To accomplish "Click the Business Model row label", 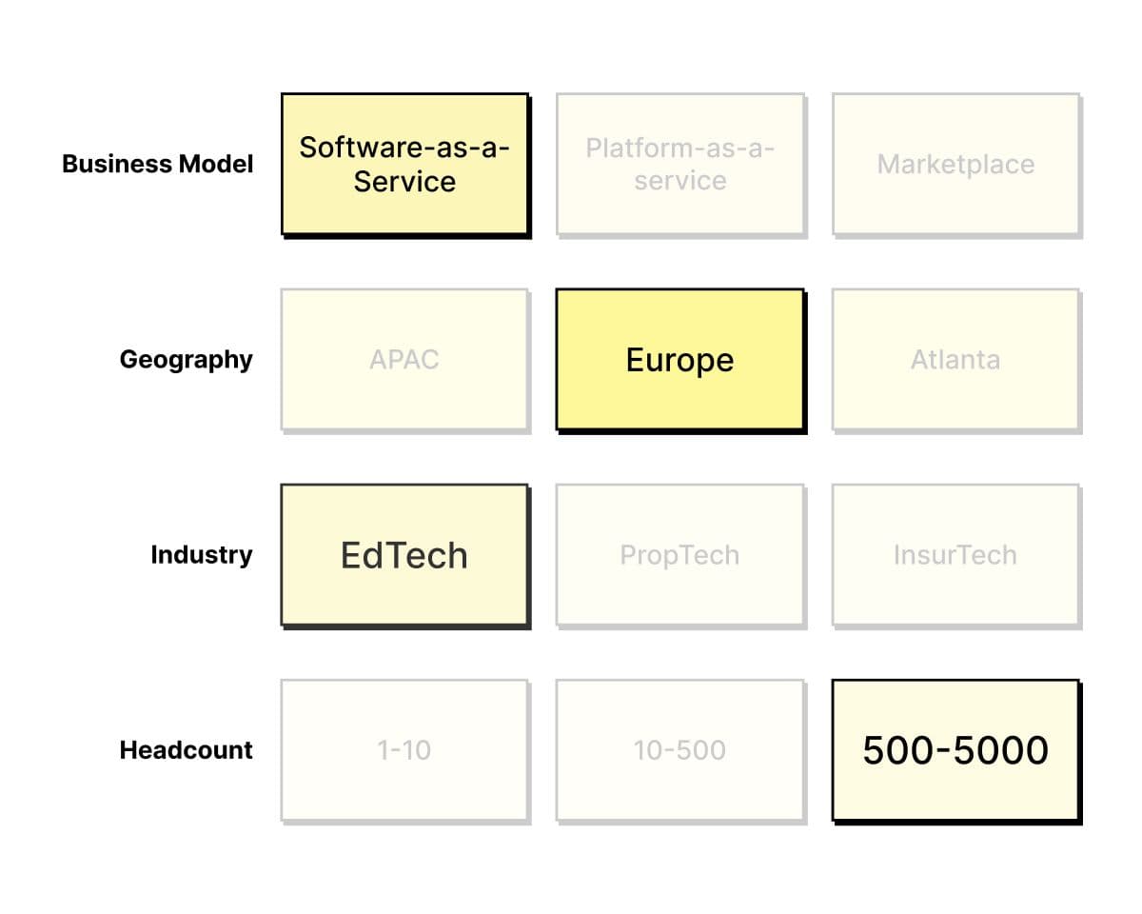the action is point(158,164).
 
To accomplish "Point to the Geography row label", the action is point(187,361).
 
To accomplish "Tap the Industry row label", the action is point(202,555).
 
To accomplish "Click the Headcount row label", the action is point(187,750).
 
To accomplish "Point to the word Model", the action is point(216,164).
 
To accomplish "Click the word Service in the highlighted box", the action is point(404,182).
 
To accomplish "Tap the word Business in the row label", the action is point(118,164).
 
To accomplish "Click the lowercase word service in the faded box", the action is point(680,181).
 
